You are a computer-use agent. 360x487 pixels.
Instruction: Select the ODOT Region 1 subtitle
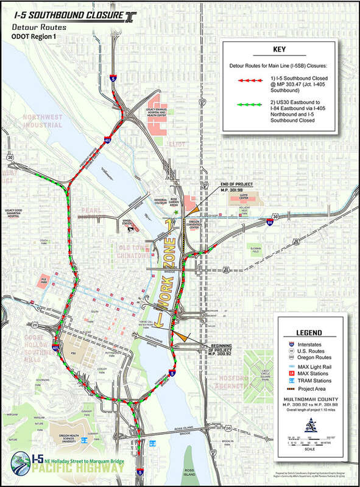click(x=33, y=37)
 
